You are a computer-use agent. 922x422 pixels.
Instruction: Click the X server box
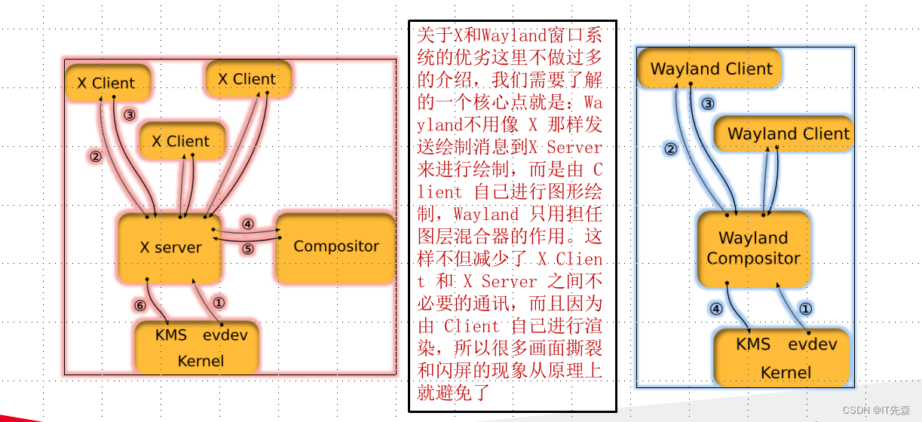point(171,247)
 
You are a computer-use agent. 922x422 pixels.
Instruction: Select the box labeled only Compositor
point(336,246)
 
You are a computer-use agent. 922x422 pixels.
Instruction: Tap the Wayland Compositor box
point(753,248)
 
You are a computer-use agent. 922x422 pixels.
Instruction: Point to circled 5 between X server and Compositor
point(248,248)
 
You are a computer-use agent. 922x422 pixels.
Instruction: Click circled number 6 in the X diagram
point(139,305)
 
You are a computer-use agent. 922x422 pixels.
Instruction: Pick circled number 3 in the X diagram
point(130,115)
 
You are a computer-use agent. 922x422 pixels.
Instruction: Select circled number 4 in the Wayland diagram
point(717,308)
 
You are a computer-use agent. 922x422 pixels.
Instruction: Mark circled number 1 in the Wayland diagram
point(805,308)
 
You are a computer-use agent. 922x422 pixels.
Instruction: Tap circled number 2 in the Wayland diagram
point(671,149)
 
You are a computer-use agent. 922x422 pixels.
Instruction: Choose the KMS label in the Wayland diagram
point(753,344)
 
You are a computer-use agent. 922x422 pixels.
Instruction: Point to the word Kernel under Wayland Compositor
point(786,372)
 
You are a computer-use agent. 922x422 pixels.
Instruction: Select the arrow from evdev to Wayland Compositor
point(792,309)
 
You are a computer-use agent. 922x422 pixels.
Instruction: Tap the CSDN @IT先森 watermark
point(877,410)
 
